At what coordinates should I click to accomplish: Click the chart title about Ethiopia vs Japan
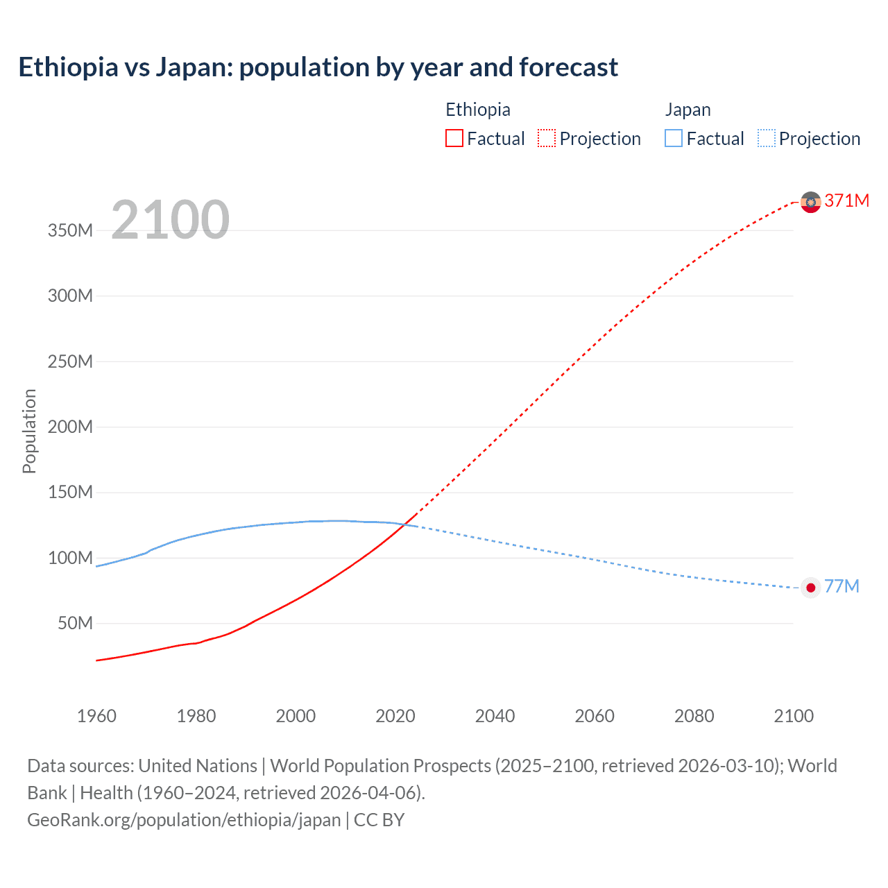(x=318, y=67)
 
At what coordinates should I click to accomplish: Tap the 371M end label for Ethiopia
(x=846, y=200)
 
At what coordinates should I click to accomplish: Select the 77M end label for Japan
(x=842, y=587)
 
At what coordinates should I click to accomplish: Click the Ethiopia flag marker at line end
(x=810, y=202)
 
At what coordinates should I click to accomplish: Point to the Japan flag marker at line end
(x=810, y=588)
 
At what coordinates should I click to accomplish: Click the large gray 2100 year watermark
(x=170, y=220)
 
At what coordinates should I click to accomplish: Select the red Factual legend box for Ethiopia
(x=454, y=139)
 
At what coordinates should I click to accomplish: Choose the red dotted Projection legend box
(x=546, y=139)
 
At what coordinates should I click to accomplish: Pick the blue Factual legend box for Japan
(x=673, y=139)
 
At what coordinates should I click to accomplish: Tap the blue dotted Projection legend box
(x=766, y=139)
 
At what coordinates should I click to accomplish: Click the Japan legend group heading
(x=688, y=110)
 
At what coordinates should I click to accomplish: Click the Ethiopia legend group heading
(x=477, y=110)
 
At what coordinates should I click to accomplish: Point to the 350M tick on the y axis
(x=70, y=231)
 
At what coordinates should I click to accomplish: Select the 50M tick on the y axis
(x=75, y=624)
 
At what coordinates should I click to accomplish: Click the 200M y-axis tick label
(x=70, y=427)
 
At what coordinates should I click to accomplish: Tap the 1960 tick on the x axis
(x=96, y=716)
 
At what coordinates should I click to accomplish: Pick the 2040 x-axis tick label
(x=495, y=716)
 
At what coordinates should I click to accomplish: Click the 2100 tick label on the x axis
(x=794, y=716)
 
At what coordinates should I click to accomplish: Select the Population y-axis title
(x=29, y=431)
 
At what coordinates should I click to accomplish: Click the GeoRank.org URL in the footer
(x=184, y=820)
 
